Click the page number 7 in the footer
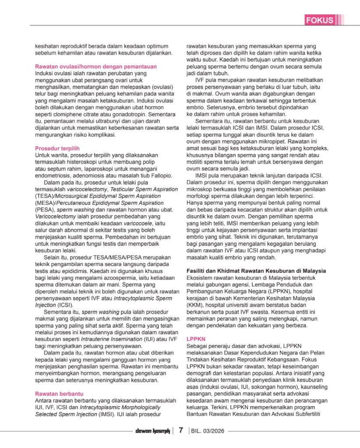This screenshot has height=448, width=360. point(180,430)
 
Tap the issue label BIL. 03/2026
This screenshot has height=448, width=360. point(208,431)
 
